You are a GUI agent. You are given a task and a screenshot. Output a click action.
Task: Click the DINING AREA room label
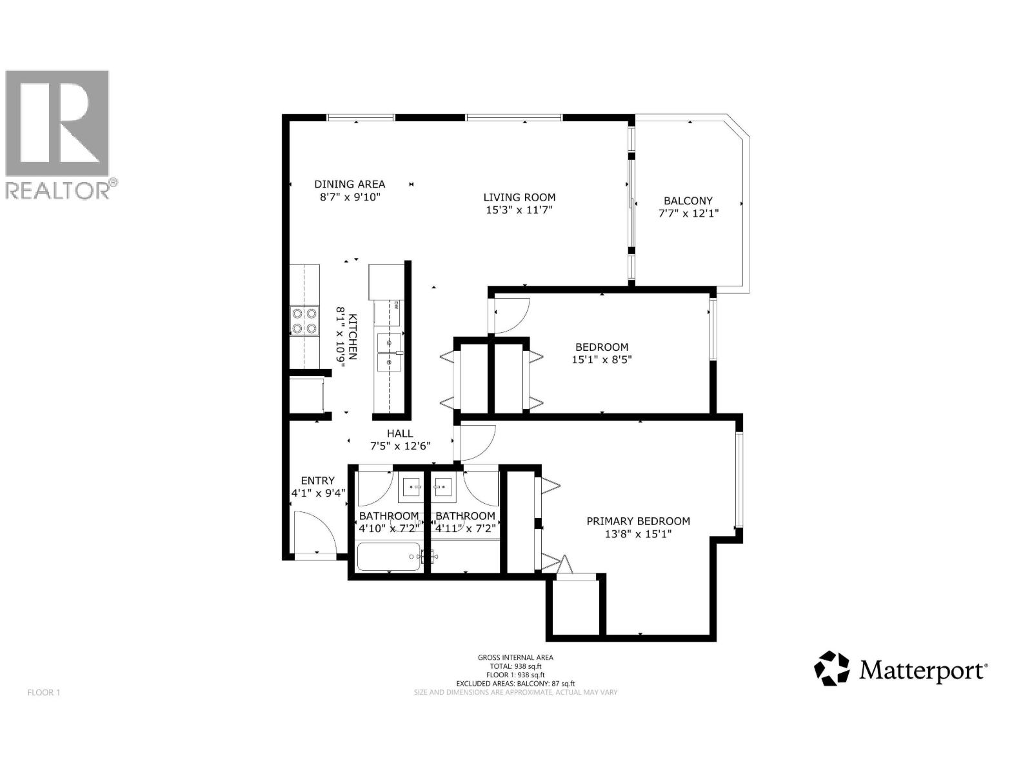[350, 184]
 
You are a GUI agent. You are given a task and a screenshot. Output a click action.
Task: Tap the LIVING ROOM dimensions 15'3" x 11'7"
[519, 210]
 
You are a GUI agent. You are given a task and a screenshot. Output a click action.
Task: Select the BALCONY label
[688, 201]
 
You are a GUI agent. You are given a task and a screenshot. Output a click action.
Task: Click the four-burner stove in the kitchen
[304, 321]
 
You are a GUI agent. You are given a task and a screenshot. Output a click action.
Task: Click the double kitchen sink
[389, 353]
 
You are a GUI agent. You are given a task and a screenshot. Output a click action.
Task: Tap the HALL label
[400, 433]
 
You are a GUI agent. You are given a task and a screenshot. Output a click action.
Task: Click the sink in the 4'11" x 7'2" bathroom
[443, 488]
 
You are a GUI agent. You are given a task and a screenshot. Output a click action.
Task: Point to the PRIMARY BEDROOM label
[638, 521]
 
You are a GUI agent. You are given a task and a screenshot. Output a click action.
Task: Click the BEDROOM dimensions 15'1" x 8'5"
[601, 359]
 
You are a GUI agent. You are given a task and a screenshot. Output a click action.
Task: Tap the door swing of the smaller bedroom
[511, 315]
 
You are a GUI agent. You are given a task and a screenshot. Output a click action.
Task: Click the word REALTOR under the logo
[58, 191]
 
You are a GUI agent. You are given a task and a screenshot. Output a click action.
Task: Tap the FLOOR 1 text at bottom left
[44, 693]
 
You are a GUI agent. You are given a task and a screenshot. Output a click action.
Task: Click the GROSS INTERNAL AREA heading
[515, 658]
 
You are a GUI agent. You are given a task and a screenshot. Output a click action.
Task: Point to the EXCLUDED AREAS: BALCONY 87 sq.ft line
[515, 684]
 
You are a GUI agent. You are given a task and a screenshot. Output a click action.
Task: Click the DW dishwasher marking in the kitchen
[396, 304]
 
